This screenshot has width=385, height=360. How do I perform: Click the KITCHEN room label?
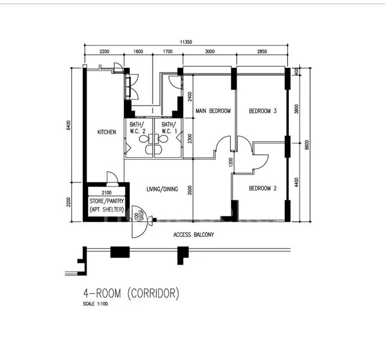(x=106, y=133)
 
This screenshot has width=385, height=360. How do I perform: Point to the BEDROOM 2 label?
(x=262, y=188)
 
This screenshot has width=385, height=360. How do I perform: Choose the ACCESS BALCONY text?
(x=193, y=235)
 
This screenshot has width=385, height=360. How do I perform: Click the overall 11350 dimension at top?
(x=186, y=42)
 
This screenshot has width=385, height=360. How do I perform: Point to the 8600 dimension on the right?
(x=307, y=145)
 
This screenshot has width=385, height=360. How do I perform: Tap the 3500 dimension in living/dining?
(x=189, y=191)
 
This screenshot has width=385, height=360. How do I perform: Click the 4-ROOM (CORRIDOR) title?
(x=131, y=293)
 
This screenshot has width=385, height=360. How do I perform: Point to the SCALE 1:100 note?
(x=95, y=304)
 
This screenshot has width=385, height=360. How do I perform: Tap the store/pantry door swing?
(x=112, y=177)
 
